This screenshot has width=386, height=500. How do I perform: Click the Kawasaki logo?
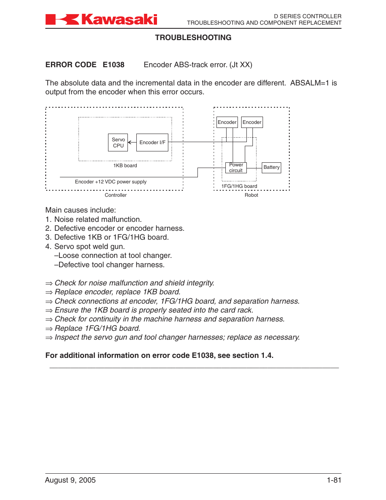point(101,19)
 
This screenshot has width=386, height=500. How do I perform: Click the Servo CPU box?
point(118,143)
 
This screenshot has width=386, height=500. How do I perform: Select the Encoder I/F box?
point(152,143)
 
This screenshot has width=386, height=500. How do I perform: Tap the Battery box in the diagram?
point(271,167)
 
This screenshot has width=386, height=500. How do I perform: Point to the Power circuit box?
point(236,168)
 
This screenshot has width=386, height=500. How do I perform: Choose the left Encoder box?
point(227,122)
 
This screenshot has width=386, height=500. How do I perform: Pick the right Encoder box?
point(252,122)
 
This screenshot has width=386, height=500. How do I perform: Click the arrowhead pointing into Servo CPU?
point(130,143)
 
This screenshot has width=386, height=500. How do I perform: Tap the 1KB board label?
point(125,166)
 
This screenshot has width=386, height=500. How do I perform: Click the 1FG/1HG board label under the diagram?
point(239,186)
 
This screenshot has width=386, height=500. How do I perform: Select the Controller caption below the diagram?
point(116,195)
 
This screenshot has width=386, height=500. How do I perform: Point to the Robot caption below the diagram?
point(251,195)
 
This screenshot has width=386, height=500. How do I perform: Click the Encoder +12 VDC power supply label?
point(110,182)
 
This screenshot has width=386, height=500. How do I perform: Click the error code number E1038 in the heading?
point(114,65)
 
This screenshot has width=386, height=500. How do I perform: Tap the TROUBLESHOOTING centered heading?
point(193,38)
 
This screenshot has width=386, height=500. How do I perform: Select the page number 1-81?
point(334,480)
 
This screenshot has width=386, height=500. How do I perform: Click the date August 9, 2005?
point(70,480)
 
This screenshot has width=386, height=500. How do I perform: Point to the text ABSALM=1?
point(310,83)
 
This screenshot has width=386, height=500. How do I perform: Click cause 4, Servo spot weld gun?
point(89,247)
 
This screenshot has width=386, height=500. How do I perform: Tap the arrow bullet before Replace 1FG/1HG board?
point(49,329)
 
